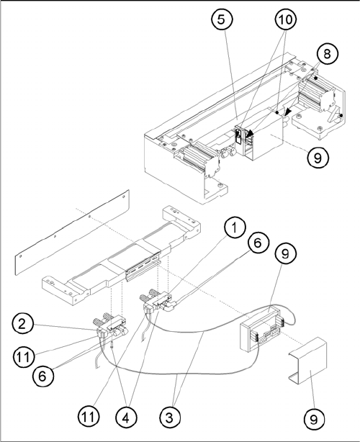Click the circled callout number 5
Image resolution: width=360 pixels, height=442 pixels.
point(222,19)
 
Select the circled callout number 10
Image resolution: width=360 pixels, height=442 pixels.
point(286,19)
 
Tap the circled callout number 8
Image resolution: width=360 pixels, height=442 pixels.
point(327,53)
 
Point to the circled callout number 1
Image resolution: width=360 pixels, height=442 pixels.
point(235,227)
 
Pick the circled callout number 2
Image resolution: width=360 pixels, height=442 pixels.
point(22,324)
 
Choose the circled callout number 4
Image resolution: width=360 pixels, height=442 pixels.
point(126,418)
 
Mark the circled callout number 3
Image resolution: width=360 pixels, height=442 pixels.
point(170,417)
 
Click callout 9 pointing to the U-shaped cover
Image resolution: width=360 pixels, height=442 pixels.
point(314,419)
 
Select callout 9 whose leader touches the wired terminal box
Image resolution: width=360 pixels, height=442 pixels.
point(285,253)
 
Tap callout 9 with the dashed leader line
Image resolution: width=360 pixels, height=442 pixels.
point(318,158)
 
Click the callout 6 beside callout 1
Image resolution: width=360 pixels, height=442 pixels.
point(258,243)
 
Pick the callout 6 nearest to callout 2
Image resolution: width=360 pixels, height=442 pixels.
point(42,376)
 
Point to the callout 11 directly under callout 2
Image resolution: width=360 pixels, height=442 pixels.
point(23,357)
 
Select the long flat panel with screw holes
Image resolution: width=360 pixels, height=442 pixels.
point(72,233)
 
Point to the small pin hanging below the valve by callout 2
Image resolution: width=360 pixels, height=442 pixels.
point(112,345)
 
